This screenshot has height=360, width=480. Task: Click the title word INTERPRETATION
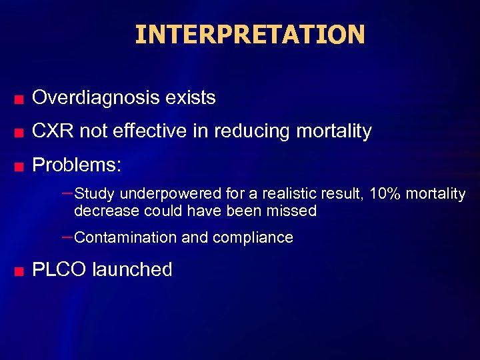[x=250, y=34]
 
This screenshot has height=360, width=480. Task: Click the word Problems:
[x=77, y=165]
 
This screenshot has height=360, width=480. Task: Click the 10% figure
[x=385, y=194]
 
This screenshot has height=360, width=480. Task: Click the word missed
[x=294, y=211]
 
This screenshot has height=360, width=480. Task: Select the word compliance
[x=259, y=238]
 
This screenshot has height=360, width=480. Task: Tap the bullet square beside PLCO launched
[x=20, y=272]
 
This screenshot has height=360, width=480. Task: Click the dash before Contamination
[x=67, y=237]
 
